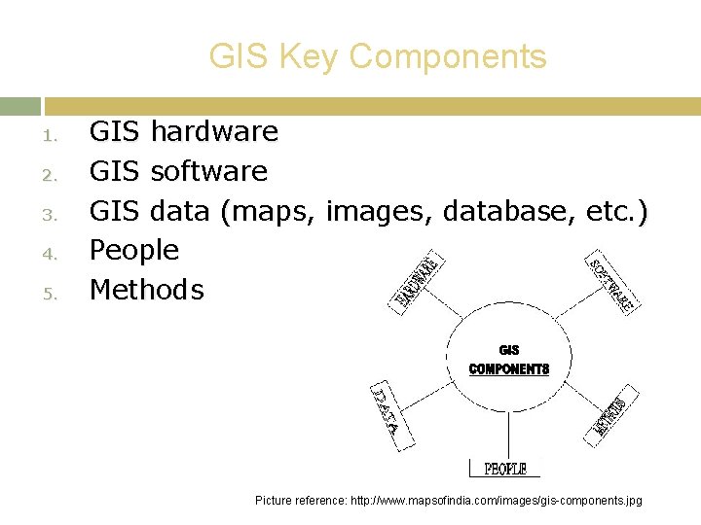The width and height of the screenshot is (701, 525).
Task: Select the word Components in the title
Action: (x=448, y=57)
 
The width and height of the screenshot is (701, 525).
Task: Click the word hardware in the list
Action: (x=214, y=131)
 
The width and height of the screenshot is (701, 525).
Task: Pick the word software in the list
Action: (x=208, y=171)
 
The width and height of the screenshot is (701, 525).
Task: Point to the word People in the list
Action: (x=134, y=251)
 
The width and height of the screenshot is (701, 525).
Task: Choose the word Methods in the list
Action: (x=147, y=290)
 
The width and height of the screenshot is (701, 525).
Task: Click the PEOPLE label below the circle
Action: (x=505, y=469)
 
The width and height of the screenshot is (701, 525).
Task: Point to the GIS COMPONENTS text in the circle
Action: (x=509, y=360)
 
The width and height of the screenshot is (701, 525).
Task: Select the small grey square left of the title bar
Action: (x=19, y=106)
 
